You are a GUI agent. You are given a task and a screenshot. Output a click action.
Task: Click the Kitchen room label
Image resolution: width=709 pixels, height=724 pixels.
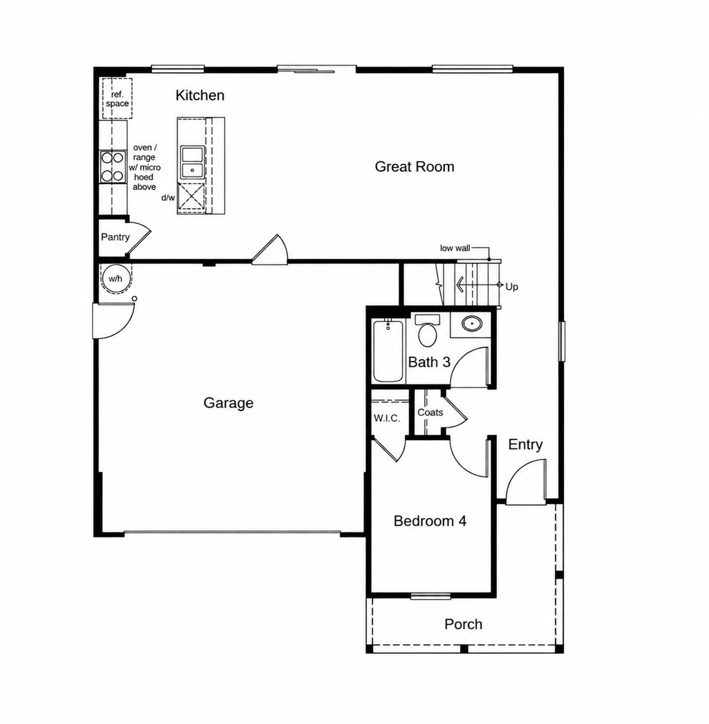(199, 95)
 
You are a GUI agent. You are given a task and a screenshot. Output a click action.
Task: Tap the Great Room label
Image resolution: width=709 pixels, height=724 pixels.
(414, 167)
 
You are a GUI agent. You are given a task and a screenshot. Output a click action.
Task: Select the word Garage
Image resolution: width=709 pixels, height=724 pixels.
(228, 403)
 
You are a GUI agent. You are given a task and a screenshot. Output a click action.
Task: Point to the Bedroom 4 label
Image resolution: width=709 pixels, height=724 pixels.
(430, 521)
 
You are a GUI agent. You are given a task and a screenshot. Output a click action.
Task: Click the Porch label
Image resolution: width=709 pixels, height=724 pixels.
(463, 624)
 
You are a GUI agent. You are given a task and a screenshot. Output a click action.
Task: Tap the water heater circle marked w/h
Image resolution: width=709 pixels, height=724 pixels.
(116, 279)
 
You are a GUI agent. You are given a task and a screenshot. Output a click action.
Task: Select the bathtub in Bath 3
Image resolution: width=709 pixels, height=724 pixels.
(388, 351)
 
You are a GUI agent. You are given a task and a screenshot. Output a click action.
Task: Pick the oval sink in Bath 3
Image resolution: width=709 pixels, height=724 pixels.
(472, 323)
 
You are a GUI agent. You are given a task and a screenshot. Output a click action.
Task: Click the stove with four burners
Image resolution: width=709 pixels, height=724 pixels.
(113, 167)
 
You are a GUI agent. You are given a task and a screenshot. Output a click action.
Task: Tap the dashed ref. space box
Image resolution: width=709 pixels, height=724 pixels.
(117, 98)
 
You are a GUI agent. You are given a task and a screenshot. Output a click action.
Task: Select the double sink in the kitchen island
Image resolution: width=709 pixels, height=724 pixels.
(192, 162)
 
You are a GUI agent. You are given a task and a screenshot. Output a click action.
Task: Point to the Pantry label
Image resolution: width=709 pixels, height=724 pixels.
(115, 237)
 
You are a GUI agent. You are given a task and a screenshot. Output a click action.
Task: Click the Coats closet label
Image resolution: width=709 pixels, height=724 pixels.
(430, 412)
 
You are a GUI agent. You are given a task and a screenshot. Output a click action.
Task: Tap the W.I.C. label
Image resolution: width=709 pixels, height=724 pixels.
(387, 418)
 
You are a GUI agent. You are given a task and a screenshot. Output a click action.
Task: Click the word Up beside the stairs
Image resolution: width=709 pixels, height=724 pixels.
(512, 287)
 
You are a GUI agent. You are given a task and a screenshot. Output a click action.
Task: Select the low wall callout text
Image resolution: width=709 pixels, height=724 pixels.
(455, 248)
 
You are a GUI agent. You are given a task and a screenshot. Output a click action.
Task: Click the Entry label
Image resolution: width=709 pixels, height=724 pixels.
(525, 444)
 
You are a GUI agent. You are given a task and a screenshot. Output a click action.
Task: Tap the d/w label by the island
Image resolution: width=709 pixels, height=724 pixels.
(168, 197)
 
